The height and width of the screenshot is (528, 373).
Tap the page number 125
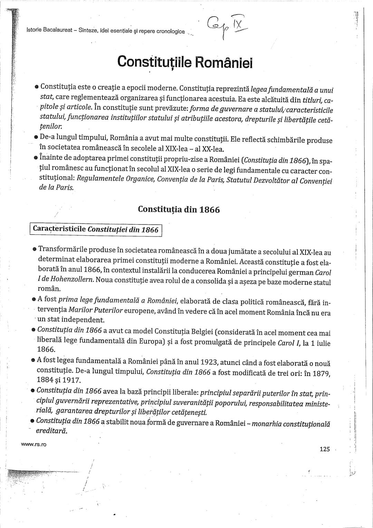[325, 449]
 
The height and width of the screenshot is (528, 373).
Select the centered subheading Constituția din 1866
[179, 210]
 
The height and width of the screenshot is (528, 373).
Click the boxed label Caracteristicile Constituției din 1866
[96, 230]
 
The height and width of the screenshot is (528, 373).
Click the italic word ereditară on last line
[51, 432]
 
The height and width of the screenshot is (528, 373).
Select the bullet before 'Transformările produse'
[35, 249]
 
